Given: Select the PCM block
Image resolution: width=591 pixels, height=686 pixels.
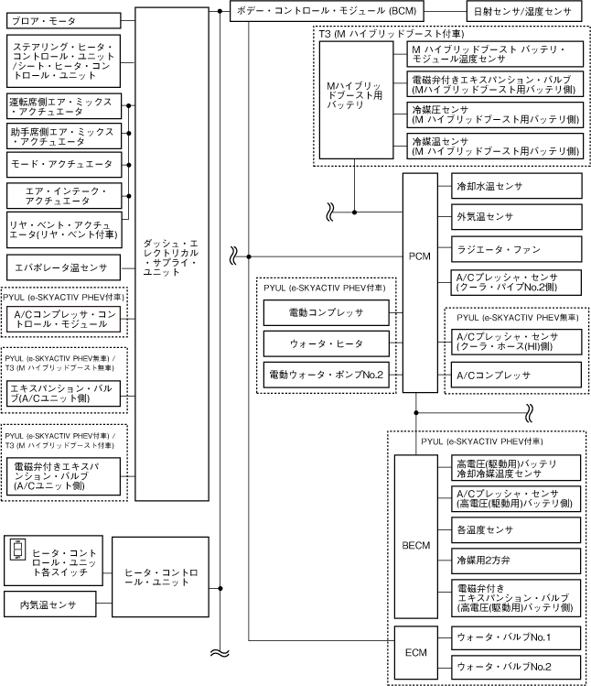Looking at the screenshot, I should pos(419,255).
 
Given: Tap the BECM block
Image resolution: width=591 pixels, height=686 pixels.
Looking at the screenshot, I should pos(416,546).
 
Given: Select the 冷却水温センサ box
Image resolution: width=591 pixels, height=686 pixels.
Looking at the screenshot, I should pos(518,185).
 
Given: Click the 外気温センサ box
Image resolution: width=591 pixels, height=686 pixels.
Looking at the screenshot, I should pos(518,216).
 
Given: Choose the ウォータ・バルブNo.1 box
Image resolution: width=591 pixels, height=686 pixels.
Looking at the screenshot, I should pos(518,636).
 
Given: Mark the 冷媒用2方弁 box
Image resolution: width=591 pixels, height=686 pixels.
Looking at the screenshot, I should pos(518,560).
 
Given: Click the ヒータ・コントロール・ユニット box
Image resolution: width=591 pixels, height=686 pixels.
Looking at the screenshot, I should pos(160,577).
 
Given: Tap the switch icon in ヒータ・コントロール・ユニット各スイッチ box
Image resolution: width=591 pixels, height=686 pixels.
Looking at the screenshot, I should pos(19,552).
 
